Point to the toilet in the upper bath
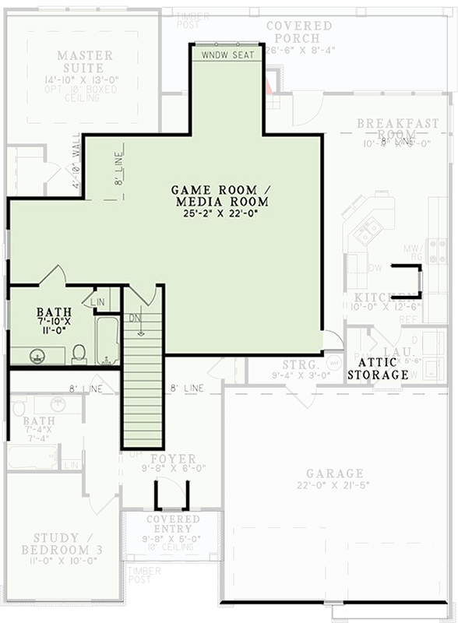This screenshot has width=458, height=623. (x=79, y=354)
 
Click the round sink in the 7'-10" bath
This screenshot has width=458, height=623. (x=36, y=357)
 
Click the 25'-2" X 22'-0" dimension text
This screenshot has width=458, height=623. (x=220, y=213)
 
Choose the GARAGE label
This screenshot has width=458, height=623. (x=334, y=473)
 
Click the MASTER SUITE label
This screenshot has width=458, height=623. (x=85, y=62)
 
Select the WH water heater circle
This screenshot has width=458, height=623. (x=334, y=363)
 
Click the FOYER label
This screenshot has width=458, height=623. (x=173, y=459)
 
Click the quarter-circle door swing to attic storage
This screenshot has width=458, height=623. (x=333, y=339)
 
